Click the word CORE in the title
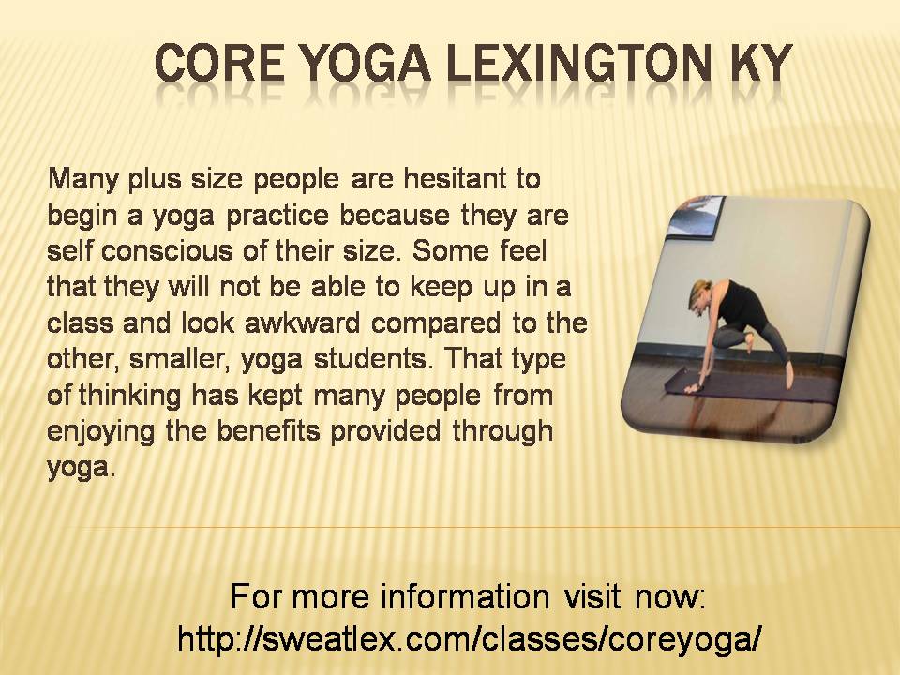coord(219,62)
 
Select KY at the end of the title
coord(760,62)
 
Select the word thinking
coord(129,396)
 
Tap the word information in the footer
coord(465,596)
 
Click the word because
coord(395,215)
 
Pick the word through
coord(502,430)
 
